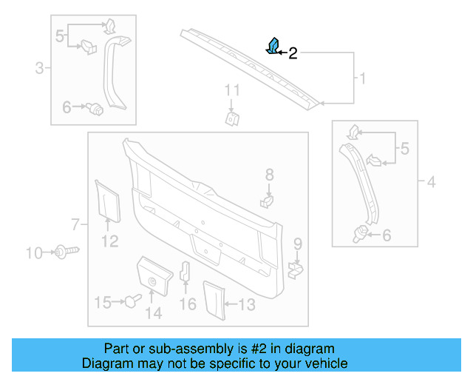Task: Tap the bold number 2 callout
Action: pyautogui.click(x=293, y=53)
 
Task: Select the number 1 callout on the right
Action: pyautogui.click(x=362, y=78)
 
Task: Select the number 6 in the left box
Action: pyautogui.click(x=67, y=108)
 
